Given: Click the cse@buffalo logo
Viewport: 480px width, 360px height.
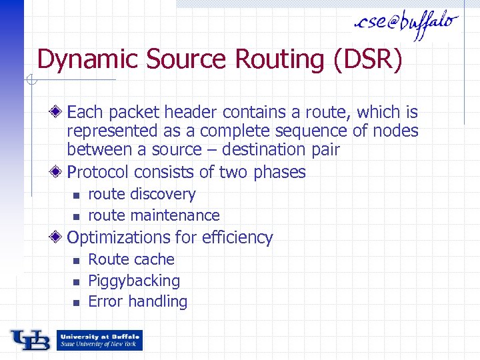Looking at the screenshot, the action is click(407, 24).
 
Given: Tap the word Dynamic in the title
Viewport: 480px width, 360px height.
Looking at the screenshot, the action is click(89, 59).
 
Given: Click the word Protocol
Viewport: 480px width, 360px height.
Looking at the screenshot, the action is click(98, 172).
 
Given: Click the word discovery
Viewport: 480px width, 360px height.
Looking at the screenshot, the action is click(163, 194).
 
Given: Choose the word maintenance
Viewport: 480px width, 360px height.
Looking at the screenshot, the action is click(175, 215).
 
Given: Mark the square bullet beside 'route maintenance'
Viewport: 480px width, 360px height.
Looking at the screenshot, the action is click(77, 216).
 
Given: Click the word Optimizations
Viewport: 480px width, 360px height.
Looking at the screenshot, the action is click(119, 237).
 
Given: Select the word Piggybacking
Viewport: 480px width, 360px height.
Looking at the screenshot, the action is click(134, 281).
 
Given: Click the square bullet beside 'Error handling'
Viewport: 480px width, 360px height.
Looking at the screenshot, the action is click(77, 302).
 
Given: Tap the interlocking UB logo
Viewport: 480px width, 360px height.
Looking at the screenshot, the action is click(31, 340).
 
